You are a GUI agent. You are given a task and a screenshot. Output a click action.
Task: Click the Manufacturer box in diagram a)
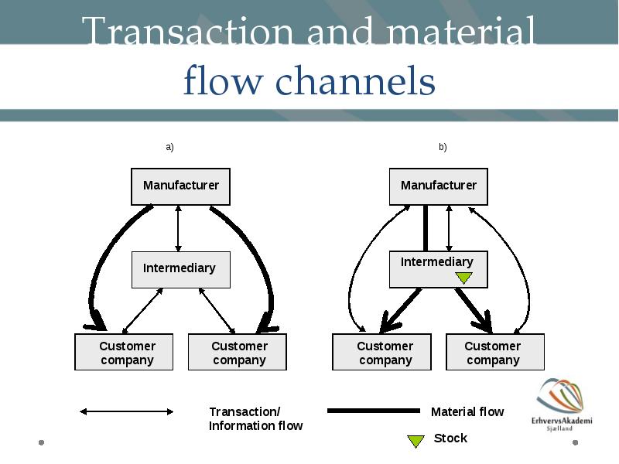[180, 186]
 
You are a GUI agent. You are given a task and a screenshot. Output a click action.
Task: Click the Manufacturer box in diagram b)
[439, 186]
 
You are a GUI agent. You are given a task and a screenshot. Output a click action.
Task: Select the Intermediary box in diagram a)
[181, 270]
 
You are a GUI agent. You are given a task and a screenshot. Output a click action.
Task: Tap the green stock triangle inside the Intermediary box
[463, 278]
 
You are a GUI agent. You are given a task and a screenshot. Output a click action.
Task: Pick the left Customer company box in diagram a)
[124, 352]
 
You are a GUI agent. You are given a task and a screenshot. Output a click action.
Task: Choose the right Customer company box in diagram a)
[238, 352]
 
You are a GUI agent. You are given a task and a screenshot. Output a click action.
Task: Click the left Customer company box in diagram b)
[381, 352]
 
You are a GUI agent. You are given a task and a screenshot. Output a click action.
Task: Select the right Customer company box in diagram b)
[495, 352]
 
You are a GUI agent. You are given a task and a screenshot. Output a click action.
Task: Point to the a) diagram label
[169, 147]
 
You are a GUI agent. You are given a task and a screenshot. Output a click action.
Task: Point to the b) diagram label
[443, 147]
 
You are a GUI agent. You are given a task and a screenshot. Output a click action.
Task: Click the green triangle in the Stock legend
[416, 441]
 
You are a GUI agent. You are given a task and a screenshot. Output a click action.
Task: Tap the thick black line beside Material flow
[374, 411]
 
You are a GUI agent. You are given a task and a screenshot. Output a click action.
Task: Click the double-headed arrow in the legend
[126, 411]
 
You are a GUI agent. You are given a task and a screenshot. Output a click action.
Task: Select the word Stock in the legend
[450, 438]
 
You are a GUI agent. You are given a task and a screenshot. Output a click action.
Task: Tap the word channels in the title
[355, 81]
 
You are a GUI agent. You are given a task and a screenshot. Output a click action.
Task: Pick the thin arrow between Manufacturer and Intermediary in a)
[178, 228]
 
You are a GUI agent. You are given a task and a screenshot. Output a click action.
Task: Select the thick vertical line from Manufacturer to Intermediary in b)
[426, 228]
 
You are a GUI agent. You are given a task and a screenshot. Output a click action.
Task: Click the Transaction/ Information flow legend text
[256, 418]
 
